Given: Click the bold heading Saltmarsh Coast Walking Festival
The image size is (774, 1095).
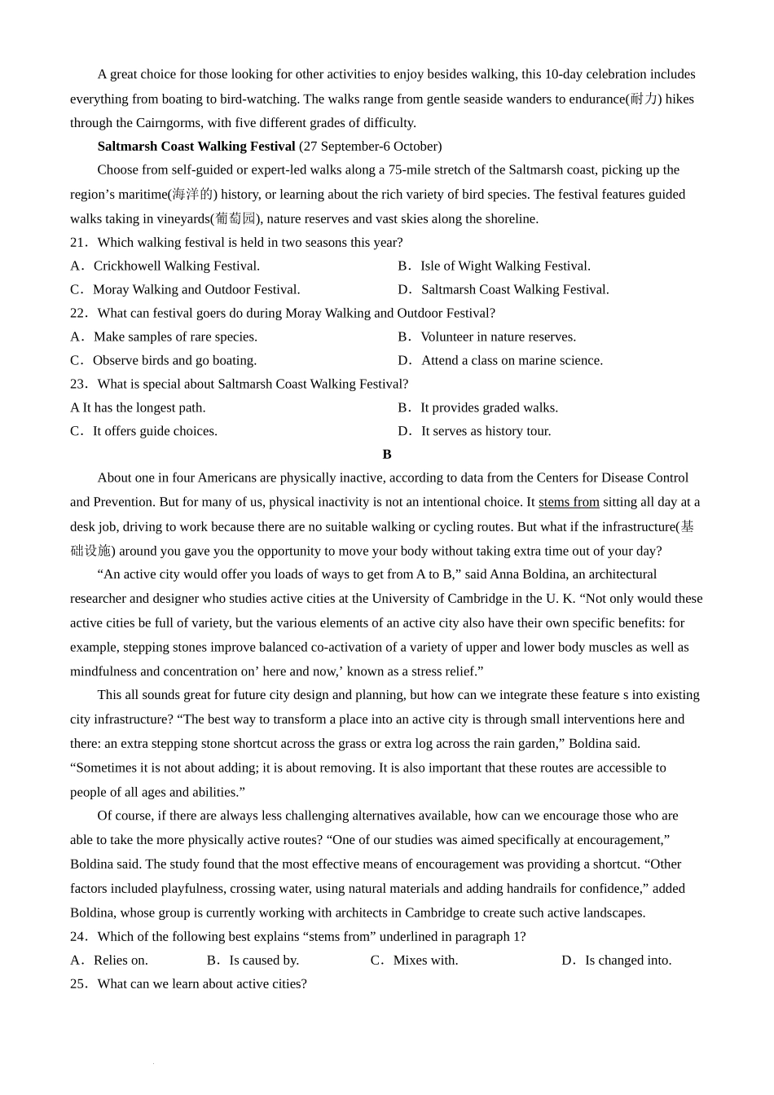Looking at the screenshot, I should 196,147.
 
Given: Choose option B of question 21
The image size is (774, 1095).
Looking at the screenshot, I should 494,266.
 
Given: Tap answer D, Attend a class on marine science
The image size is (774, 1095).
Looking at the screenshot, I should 500,361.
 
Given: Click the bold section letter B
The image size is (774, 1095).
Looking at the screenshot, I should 387,455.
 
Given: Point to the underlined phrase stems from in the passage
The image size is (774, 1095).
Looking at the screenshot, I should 569,503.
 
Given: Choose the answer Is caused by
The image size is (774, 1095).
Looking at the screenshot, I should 253,961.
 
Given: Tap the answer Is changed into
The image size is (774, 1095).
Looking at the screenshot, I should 617,961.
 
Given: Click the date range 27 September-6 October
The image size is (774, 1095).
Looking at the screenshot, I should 371,147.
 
